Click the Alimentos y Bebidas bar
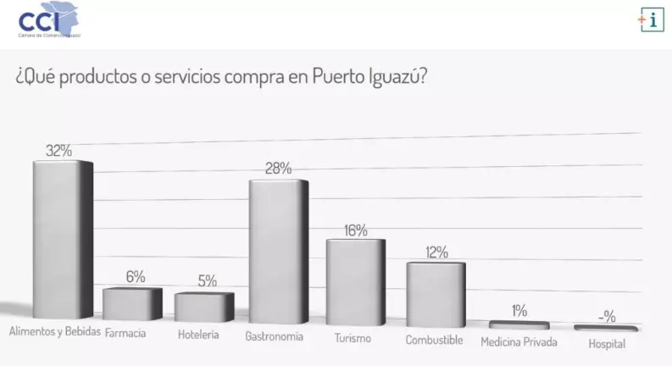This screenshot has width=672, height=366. pyautogui.click(x=62, y=241)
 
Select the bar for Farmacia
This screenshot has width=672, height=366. pyautogui.click(x=132, y=303)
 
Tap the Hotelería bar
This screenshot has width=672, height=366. pyautogui.click(x=204, y=306)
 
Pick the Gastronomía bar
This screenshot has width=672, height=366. pyautogui.click(x=278, y=252)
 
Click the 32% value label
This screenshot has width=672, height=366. pyautogui.click(x=58, y=151)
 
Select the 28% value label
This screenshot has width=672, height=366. pyautogui.click(x=278, y=169)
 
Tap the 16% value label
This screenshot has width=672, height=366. pyautogui.click(x=356, y=230)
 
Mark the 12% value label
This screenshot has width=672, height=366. pyautogui.click(x=437, y=252)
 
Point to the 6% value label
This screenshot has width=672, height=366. pyautogui.click(x=136, y=277)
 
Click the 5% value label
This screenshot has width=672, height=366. pyautogui.click(x=207, y=281)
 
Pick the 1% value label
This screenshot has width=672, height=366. pyautogui.click(x=519, y=310)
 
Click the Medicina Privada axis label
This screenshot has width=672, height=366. pyautogui.click(x=519, y=342)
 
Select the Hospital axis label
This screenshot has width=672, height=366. pyautogui.click(x=607, y=343)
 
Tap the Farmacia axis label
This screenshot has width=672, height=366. pyautogui.click(x=125, y=333)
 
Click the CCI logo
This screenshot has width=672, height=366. pyautogui.click(x=52, y=20)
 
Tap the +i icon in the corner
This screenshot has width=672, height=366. pyautogui.click(x=650, y=21)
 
